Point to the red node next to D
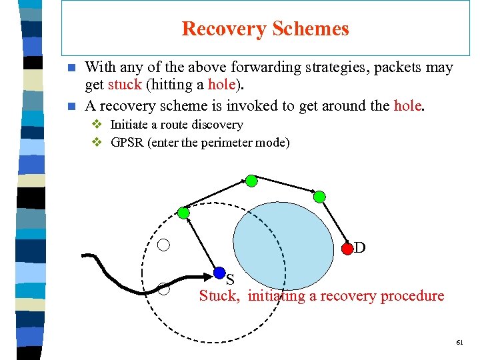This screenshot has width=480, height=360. coord(347,249)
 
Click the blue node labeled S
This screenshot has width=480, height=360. coord(219,272)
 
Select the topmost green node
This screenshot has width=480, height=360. coord(251,181)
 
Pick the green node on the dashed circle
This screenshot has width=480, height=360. coord(184,213)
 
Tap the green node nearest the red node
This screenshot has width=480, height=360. coord(319,196)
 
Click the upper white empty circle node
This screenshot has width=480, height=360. coord(163,245)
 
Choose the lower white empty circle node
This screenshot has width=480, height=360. coord(163,289)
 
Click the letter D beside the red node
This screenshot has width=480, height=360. coord(360,248)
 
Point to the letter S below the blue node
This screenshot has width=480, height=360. coord(230,279)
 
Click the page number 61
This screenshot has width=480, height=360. coord(459,341)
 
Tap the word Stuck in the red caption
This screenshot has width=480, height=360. coord(219,296)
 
